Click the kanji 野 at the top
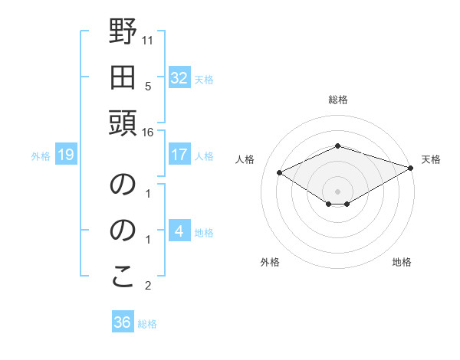pyautogui.click(x=123, y=34)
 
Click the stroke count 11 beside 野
pyautogui.click(x=148, y=39)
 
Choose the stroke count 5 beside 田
pyautogui.click(x=148, y=86)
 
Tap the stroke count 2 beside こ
pyautogui.click(x=148, y=286)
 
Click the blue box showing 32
pyautogui.click(x=179, y=78)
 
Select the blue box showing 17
pyautogui.click(x=179, y=155)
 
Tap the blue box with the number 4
pyautogui.click(x=179, y=231)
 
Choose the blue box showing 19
pyautogui.click(x=65, y=155)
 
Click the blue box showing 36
pyautogui.click(x=122, y=322)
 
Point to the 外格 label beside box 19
pyautogui.click(x=41, y=156)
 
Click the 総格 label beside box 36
pyautogui.click(x=147, y=324)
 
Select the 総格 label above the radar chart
pyautogui.click(x=338, y=100)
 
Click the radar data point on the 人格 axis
pyautogui.click(x=279, y=173)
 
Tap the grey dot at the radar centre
pyautogui.click(x=338, y=190)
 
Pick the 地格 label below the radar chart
pyautogui.click(x=402, y=263)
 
